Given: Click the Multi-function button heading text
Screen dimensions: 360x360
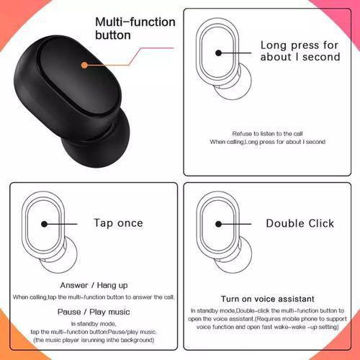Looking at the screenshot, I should click(x=135, y=28).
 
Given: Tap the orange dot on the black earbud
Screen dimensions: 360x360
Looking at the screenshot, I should click(x=85, y=65).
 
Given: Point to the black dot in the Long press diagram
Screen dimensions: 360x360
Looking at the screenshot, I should click(x=219, y=52).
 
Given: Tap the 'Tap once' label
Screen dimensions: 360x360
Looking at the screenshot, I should click(x=118, y=223).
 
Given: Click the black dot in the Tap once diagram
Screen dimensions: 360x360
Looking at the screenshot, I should click(x=44, y=224).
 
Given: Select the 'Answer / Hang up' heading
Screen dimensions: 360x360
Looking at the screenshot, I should click(x=94, y=284).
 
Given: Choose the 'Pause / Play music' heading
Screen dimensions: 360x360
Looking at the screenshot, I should click(x=94, y=311).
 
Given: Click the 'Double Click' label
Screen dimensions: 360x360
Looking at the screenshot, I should click(x=300, y=223).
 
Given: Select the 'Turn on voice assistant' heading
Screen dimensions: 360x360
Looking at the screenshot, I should click(x=267, y=297).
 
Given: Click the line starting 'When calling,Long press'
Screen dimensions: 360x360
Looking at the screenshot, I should click(x=267, y=143).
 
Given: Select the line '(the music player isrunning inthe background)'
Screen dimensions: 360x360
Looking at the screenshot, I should click(x=94, y=339).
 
